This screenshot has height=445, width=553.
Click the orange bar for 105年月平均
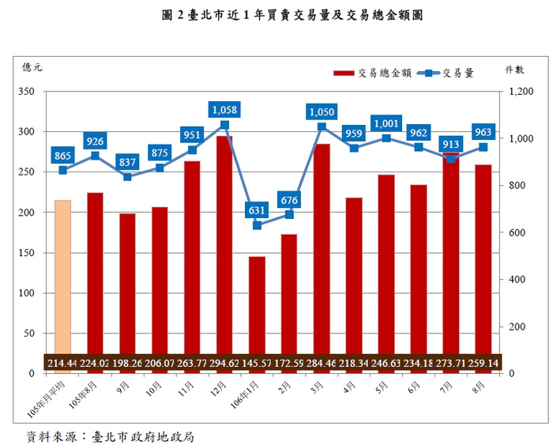(62, 277)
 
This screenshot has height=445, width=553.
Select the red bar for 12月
(224, 245)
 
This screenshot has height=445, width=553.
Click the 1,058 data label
(224, 109)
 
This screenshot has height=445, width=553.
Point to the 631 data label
(258, 210)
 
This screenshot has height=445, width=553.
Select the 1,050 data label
(322, 111)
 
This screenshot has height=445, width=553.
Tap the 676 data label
(289, 199)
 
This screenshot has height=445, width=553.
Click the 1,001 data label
(386, 123)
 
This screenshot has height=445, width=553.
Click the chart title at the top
(276, 14)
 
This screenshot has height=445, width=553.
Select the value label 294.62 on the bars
(224, 363)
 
